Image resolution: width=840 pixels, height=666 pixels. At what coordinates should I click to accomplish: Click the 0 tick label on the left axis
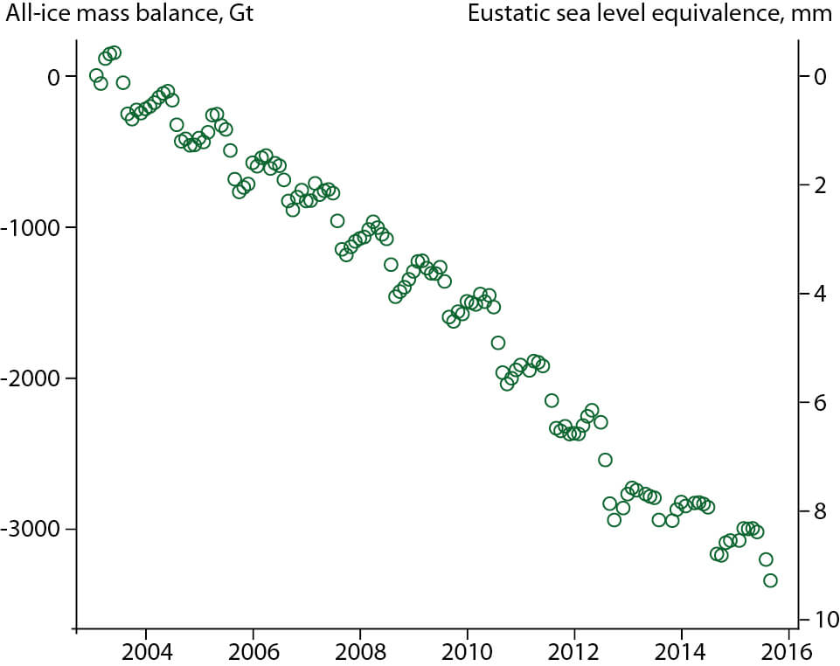pos(55,77)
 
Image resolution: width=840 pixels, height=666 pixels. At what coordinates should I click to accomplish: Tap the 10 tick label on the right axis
pos(818,620)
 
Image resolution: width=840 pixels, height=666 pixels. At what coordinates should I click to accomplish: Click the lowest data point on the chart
pos(770,580)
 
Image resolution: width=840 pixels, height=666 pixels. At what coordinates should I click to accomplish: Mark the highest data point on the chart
pos(115,53)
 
